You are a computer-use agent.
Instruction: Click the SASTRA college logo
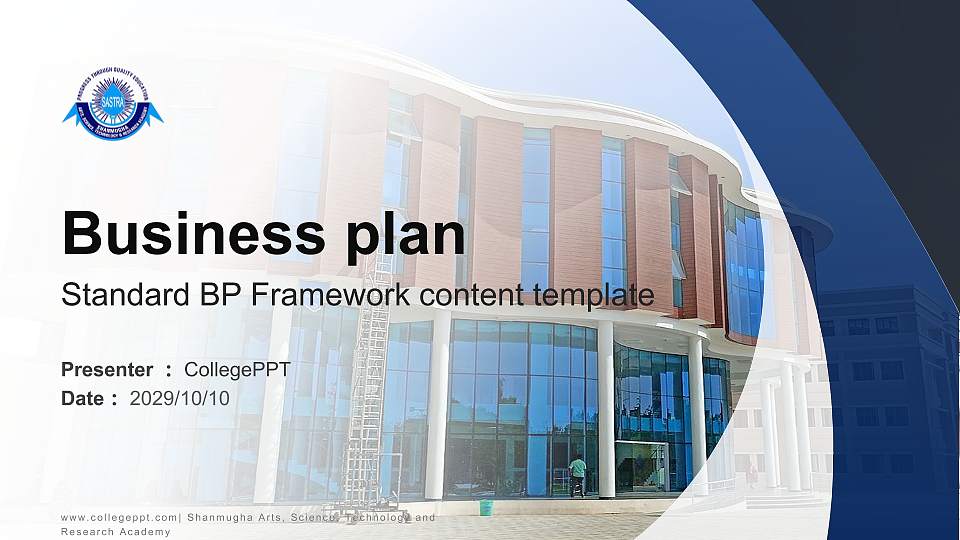[x=112, y=104]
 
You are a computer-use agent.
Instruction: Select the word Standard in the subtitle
[x=114, y=295]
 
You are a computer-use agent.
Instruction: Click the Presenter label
[x=107, y=370]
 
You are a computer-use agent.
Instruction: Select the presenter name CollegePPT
[x=237, y=370]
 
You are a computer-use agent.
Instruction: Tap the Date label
[x=83, y=399]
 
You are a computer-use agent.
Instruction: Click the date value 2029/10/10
[x=180, y=399]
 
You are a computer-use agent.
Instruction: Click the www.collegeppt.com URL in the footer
[x=119, y=517]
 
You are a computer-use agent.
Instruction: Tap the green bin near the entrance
[x=486, y=507]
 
